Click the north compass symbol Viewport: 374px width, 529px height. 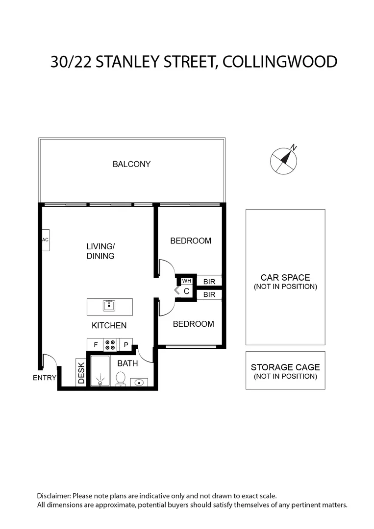pos(284,160)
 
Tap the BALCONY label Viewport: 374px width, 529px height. pos(131,164)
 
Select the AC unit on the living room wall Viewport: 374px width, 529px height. pos(45,240)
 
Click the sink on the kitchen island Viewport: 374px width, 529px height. pos(109,306)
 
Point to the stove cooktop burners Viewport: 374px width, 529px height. pos(110,345)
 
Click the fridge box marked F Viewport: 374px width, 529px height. pos(96,345)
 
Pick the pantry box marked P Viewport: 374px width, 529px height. pos(126,345)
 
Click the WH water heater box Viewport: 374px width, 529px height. pos(186,281)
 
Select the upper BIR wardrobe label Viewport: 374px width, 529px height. pos(209,282)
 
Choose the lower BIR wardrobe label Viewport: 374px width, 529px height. pos(209,294)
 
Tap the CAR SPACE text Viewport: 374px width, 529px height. pos(285,277)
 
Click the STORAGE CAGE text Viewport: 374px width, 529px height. pos(285,367)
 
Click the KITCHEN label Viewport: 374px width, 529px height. pos(109,325)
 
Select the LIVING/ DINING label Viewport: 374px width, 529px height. pos(100,251)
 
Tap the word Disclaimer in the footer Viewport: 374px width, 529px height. pos(53,496)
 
